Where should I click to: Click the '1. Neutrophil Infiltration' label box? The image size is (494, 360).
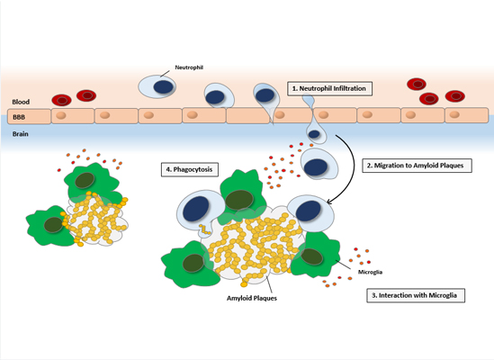329,88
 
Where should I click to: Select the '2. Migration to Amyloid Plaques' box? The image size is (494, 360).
417,166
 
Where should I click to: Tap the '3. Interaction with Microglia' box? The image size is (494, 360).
416,295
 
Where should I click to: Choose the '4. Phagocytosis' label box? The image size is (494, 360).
190,169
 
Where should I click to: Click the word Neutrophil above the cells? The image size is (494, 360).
189,67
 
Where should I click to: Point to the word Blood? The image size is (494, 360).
21,102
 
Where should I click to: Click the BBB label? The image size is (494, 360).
19,117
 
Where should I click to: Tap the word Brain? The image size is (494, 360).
21,134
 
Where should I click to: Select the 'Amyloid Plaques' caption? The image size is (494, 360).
252,298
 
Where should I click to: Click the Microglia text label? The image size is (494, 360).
370,272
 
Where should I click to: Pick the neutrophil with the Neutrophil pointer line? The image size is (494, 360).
157,86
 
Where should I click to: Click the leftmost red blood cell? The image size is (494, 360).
62,100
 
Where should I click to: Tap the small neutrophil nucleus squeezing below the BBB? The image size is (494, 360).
314,134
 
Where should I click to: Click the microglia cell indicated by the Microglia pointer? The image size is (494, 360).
315,255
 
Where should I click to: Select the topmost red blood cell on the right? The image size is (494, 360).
417,85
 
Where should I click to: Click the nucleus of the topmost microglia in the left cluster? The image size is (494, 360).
85,180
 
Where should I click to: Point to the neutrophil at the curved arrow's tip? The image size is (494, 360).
310,213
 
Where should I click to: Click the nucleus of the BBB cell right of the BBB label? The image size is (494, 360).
61,115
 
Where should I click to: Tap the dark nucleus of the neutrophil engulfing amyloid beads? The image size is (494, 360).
196,210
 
